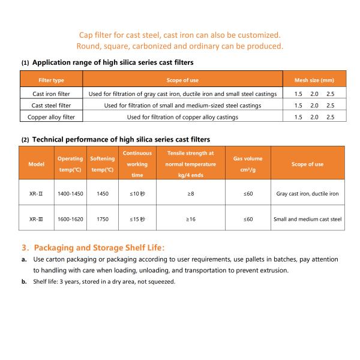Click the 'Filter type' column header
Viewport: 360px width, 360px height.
(51, 80)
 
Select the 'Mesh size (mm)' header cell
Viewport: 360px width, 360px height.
(314, 80)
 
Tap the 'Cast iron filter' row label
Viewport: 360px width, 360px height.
(51, 94)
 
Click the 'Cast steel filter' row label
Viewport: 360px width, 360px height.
(51, 105)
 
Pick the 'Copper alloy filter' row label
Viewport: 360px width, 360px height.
(51, 117)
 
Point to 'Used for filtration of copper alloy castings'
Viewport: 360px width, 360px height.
(182, 117)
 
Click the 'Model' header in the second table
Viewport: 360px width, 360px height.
(37, 164)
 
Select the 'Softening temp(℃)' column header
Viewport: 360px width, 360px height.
(101, 164)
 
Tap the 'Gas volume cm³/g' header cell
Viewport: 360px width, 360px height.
(248, 164)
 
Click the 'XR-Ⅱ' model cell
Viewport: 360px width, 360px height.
(37, 194)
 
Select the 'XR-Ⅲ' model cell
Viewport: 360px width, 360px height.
(37, 219)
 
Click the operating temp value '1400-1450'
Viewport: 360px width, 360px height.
(70, 194)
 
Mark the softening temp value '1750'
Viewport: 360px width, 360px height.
(101, 219)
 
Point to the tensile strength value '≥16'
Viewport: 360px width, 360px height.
(190, 219)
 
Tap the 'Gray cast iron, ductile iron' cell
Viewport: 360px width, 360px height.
(307, 194)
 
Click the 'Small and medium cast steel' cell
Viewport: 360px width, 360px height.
(307, 219)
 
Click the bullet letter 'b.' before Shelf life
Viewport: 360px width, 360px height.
(24, 281)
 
